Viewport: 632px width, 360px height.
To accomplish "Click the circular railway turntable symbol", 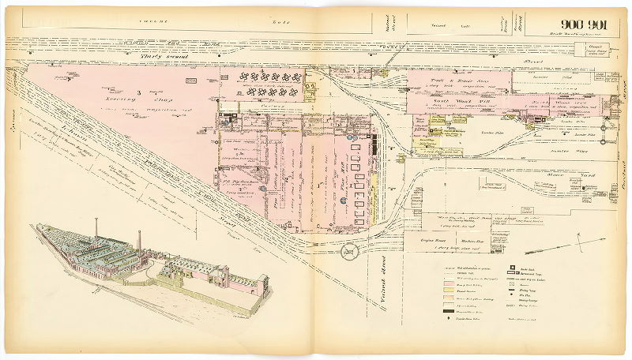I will click(348, 253).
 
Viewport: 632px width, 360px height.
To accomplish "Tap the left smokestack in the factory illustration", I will click(96, 227).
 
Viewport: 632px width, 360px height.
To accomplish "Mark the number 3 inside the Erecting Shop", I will click(139, 93).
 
